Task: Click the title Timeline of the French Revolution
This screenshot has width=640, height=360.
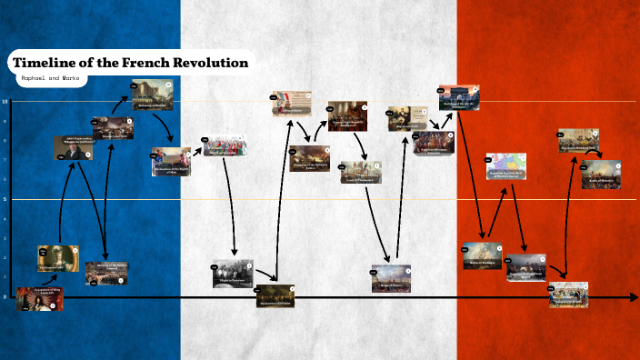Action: point(128,63)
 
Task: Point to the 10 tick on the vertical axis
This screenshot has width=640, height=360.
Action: point(5,101)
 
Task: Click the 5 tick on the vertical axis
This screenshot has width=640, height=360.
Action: point(5,199)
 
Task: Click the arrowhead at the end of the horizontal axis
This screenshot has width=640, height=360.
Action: point(634,297)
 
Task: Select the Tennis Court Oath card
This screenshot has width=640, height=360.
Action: point(113,128)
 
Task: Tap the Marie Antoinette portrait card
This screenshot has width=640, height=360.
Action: point(58,258)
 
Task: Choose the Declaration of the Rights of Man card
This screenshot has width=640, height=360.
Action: point(171,161)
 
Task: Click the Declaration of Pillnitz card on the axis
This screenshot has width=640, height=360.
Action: point(275,296)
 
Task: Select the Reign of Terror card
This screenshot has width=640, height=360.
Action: point(391,278)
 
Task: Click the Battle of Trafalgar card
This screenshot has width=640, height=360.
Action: point(482,255)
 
